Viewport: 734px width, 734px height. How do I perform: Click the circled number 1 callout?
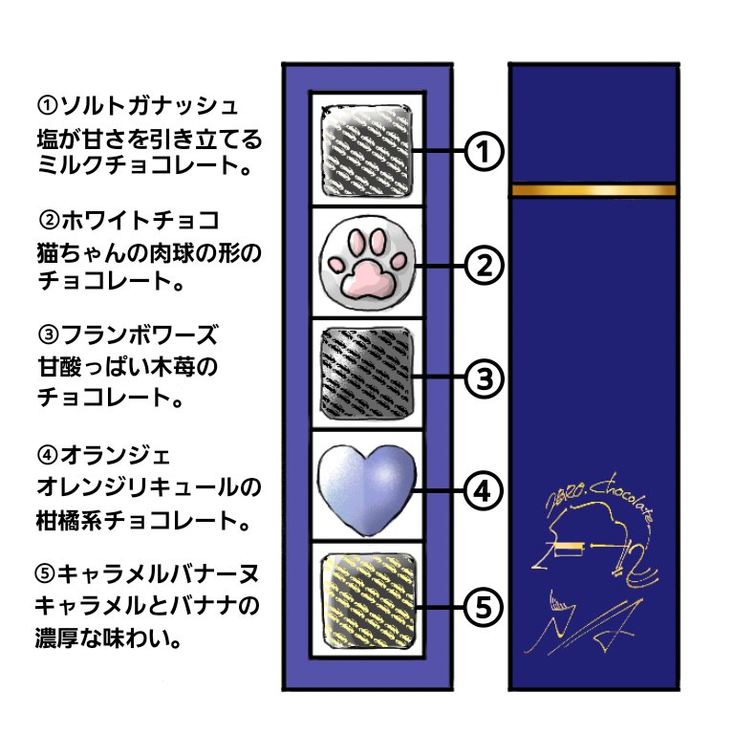[x=484, y=151]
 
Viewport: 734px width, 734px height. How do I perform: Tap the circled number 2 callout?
[x=484, y=265]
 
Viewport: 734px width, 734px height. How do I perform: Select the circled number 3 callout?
[x=484, y=378]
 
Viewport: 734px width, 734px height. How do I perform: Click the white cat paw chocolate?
[x=367, y=262]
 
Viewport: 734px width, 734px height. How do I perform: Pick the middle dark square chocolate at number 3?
[x=367, y=374]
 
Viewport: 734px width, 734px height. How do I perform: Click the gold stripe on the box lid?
[x=594, y=190]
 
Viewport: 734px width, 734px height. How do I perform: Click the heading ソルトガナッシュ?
[x=137, y=103]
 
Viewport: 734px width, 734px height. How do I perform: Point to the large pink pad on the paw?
[x=366, y=276]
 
